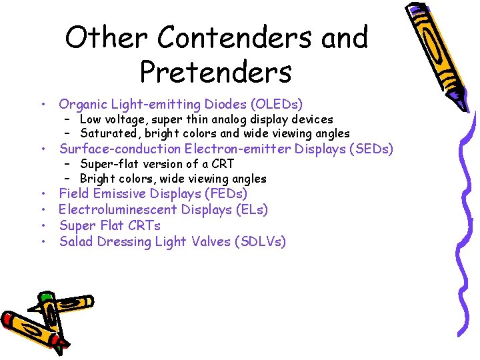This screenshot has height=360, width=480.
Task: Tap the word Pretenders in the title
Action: pyautogui.click(x=216, y=72)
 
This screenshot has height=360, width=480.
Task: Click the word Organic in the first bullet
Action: pyautogui.click(x=83, y=105)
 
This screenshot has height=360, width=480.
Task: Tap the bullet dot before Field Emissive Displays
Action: pyautogui.click(x=42, y=195)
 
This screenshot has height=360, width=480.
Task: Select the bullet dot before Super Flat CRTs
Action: pyautogui.click(x=42, y=227)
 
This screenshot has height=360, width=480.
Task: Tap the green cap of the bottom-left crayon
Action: pyautogui.click(x=46, y=299)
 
